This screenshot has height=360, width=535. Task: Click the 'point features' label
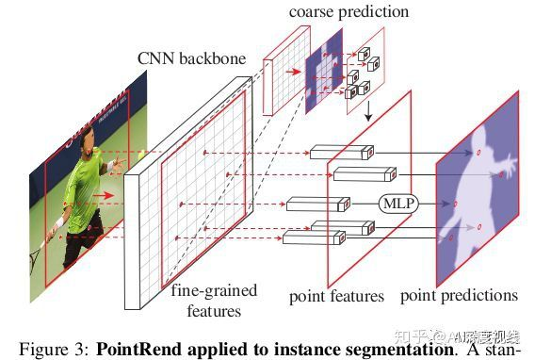336,296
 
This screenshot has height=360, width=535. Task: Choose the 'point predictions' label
459,296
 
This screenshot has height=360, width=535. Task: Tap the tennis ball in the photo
141,155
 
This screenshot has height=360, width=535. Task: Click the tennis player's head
88,151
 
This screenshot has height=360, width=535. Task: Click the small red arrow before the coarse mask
294,69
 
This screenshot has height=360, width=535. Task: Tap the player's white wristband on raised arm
111,166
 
